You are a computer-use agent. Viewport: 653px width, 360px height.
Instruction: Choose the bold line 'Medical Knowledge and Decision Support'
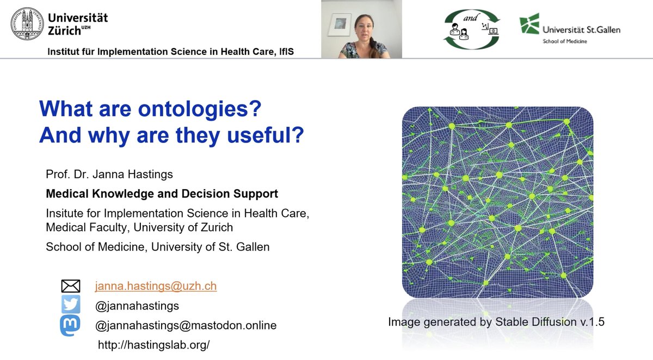coord(162,194)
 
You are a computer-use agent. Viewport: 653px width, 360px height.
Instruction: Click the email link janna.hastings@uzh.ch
coord(156,286)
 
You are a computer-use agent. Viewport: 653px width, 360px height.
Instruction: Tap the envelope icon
coord(71,286)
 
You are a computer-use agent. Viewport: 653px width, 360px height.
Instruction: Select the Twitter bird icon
coord(71,305)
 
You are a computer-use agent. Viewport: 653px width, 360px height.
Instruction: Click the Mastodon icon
coord(71,325)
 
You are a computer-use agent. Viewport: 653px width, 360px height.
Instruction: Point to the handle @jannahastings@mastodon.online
coord(186,325)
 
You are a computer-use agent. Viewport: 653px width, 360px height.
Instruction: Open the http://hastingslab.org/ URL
coord(154,345)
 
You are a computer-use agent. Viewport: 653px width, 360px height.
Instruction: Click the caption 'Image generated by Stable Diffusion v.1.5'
coord(496,322)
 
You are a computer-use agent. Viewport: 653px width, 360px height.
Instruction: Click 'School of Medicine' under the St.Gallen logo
coord(564,41)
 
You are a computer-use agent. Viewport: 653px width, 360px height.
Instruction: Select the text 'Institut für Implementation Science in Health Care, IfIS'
coord(174,52)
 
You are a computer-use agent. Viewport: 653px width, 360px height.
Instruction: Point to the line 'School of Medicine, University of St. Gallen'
coord(158,246)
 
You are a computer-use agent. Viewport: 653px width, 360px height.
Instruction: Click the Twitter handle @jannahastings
coord(137,306)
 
